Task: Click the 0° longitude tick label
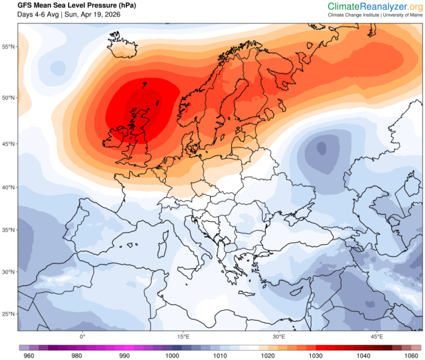pos(83,336)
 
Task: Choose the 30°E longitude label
pos(279,336)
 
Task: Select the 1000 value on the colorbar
pos(173,355)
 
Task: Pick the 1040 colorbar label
pos(363,355)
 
